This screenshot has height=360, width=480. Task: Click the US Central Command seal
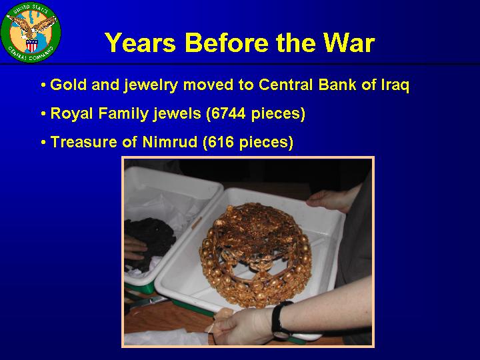click(31, 32)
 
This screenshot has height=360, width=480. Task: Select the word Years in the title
click(141, 43)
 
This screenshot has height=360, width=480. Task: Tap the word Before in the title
click(227, 43)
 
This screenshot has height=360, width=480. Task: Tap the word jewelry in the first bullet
click(151, 85)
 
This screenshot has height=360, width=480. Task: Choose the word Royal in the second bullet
click(71, 113)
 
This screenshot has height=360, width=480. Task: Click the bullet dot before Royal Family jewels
click(43, 114)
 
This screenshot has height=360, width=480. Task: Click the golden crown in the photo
click(255, 255)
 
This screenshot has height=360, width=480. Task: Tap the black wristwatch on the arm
click(280, 319)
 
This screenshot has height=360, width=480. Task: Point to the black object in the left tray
click(150, 242)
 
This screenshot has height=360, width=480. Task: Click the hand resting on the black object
click(135, 248)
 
